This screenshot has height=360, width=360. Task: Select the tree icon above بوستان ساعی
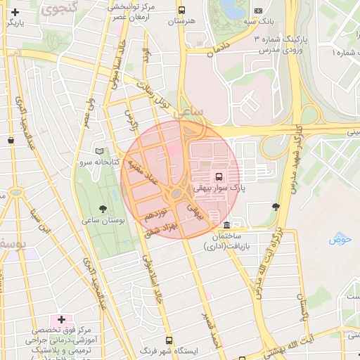(x=103, y=209)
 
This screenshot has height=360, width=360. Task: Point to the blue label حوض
(x=340, y=240)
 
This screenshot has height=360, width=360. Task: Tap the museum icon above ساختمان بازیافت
(x=226, y=225)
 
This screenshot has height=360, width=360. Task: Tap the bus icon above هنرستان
(x=182, y=11)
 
